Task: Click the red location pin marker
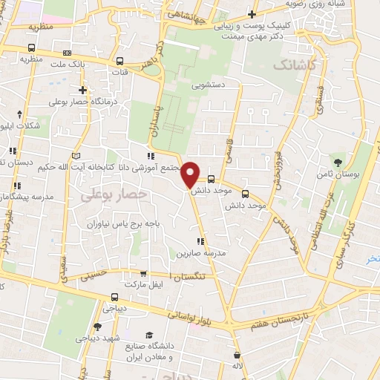(191, 174)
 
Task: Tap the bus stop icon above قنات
(119, 61)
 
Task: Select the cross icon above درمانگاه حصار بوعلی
(83, 90)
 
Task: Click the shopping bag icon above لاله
(237, 355)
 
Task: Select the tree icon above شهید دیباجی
(97, 327)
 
